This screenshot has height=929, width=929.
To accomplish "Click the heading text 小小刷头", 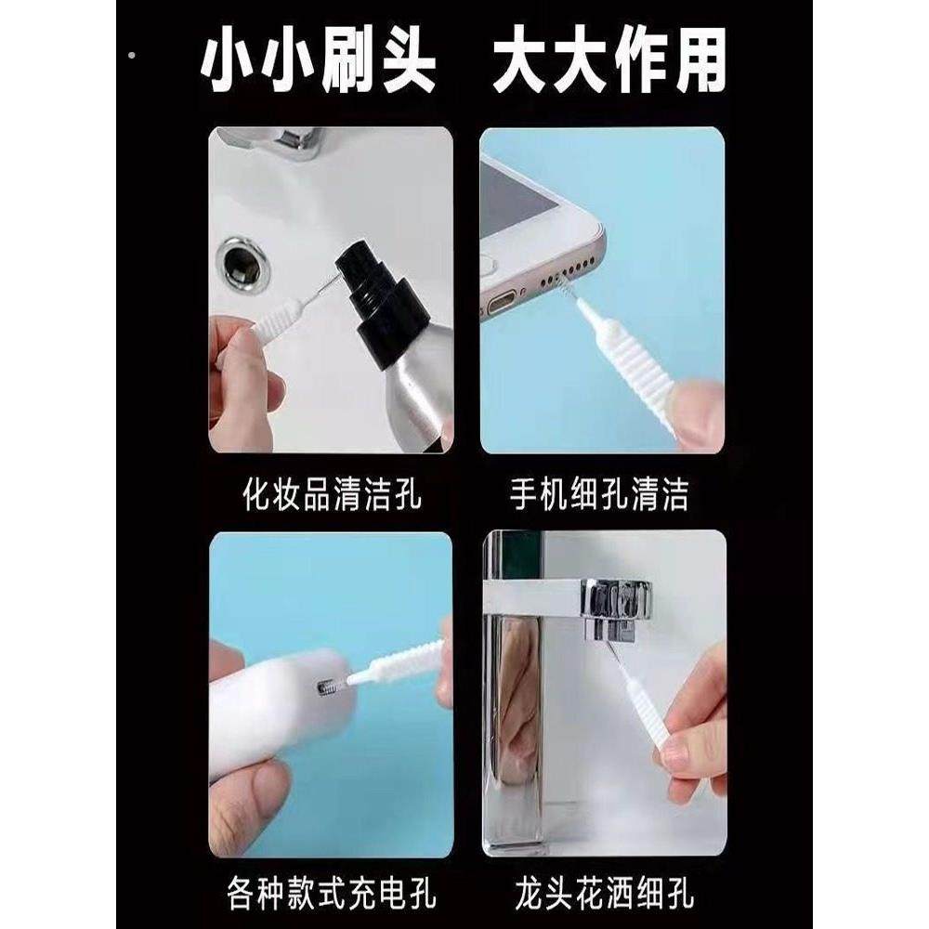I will tap(321, 63).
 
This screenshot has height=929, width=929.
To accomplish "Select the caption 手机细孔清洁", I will tap(599, 493).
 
